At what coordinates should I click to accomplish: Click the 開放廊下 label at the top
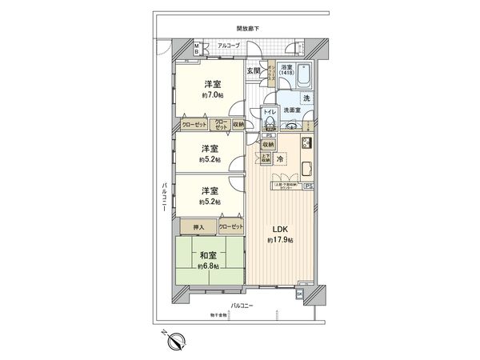point(248,30)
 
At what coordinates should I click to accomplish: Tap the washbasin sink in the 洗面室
point(292,126)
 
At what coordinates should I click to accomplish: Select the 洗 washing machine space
point(307,97)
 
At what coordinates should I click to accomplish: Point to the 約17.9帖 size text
point(280,240)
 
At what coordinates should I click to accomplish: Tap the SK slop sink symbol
point(300,294)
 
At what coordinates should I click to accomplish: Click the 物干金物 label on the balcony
point(218,314)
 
